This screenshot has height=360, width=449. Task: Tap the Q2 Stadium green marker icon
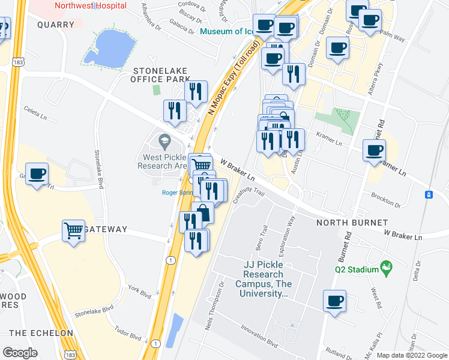tap(387, 265)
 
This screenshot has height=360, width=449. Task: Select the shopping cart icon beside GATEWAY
tap(74, 230)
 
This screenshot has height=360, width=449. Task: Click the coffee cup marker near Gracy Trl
tap(37, 173)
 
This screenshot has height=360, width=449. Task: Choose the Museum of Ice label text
tap(227, 32)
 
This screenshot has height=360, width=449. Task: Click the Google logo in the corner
tap(20, 353)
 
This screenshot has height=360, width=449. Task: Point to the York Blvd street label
tap(139, 292)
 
